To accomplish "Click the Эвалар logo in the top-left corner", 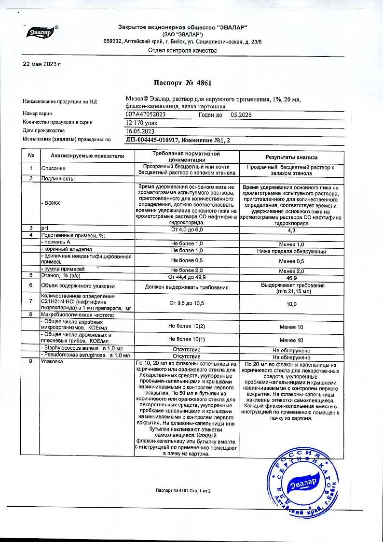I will click(x=41, y=32).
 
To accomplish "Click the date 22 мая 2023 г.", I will click(x=42, y=64).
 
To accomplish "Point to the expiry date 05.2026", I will click(x=241, y=115).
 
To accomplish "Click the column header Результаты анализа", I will click(x=291, y=157).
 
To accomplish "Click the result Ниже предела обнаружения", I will click(x=291, y=252).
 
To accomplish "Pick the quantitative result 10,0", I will click(x=291, y=304).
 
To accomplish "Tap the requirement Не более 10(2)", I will click(x=187, y=327).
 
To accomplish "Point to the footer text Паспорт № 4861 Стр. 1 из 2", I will click(x=183, y=491).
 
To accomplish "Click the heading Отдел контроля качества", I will click(x=182, y=50).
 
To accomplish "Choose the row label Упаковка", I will click(x=53, y=362).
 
